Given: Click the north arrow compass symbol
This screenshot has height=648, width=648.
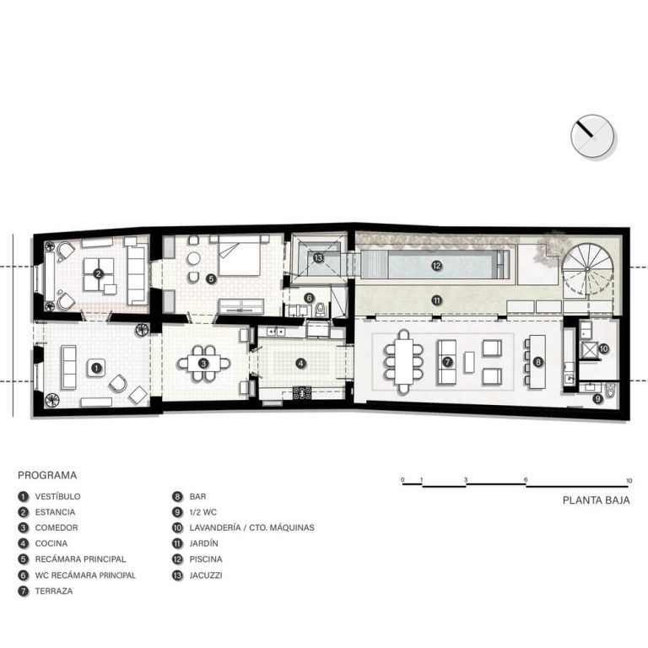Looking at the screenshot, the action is [x=592, y=137].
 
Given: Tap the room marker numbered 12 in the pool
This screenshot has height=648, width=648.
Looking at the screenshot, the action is [x=436, y=266].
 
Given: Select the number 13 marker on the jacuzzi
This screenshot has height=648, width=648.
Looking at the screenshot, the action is [x=318, y=258].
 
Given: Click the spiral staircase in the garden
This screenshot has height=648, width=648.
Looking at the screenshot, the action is [x=587, y=268].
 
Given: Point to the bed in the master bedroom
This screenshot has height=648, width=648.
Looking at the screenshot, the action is [x=240, y=255].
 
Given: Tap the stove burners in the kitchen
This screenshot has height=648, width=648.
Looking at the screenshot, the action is [x=302, y=393].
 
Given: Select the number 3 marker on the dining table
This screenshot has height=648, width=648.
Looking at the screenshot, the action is [x=203, y=364].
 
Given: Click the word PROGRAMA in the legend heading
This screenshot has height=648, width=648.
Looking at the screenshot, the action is [x=47, y=475].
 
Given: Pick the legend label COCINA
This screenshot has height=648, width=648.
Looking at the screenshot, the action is [x=51, y=543].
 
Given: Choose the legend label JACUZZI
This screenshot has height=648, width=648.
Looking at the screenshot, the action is [x=206, y=575].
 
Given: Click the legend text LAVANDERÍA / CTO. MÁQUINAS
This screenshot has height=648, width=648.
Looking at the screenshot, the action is [x=251, y=527].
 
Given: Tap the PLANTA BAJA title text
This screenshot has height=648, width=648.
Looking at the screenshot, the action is [x=597, y=500].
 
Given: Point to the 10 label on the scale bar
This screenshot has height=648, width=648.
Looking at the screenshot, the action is [x=629, y=481].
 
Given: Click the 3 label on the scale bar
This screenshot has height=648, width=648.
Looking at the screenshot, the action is [x=466, y=480].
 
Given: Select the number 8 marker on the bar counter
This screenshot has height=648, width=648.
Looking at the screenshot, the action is [x=537, y=362].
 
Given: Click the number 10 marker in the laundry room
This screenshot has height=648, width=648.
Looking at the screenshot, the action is [x=603, y=348].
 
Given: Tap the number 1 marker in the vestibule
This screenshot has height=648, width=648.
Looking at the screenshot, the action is [x=96, y=367].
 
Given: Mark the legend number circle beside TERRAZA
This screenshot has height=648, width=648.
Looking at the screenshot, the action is [x=24, y=591].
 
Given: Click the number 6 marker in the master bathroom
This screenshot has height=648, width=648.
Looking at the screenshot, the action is [x=308, y=298].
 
